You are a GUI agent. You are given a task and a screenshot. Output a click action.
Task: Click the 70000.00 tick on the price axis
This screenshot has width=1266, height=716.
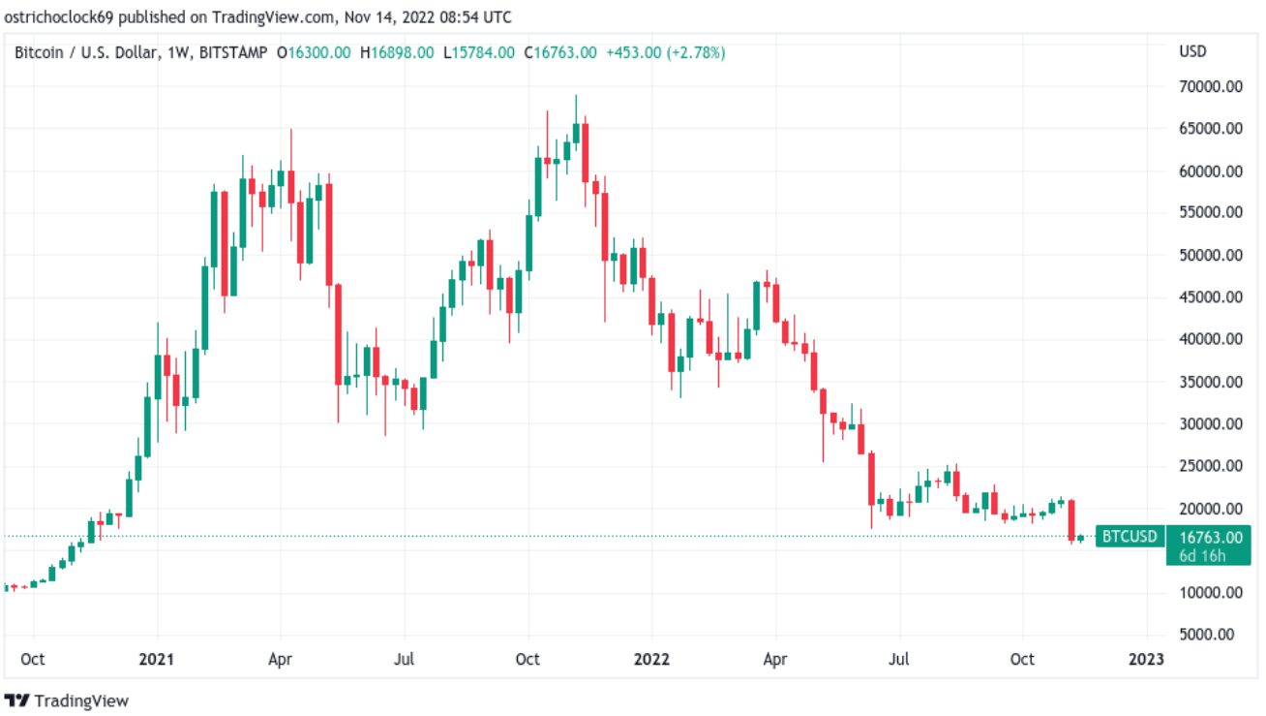[1211, 86]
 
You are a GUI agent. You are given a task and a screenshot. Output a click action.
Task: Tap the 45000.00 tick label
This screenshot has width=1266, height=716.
[1211, 296]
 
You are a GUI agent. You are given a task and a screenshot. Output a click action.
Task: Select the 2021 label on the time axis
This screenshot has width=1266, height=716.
[157, 659]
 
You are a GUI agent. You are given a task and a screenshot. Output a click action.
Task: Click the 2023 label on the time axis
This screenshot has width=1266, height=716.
[1146, 659]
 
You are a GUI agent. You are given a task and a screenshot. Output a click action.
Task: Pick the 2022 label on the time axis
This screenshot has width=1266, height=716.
[651, 659]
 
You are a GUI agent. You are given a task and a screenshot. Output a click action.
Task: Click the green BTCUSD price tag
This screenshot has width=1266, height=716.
[1130, 536]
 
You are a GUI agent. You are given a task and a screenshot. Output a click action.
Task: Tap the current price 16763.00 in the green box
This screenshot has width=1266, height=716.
[1211, 538]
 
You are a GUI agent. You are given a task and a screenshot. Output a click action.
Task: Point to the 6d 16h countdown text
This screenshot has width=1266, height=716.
[1202, 556]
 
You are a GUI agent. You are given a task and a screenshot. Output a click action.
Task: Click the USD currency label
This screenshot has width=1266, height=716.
[1192, 51]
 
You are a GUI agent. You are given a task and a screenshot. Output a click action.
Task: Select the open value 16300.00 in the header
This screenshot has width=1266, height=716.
[319, 52]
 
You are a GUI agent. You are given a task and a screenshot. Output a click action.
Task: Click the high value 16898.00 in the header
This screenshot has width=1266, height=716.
[403, 52]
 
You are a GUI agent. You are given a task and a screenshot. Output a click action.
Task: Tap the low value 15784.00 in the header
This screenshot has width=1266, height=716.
[483, 52]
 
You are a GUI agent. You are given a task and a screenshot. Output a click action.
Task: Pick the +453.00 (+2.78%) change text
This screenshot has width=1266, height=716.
[666, 52]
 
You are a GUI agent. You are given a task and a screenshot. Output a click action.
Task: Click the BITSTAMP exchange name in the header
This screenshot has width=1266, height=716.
[233, 52]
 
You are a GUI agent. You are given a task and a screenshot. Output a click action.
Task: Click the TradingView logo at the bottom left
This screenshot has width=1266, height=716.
[67, 700]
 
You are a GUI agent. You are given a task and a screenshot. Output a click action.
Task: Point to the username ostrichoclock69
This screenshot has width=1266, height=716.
[59, 17]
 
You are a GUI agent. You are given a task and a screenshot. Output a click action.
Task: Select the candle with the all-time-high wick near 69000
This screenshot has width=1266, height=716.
[576, 123]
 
